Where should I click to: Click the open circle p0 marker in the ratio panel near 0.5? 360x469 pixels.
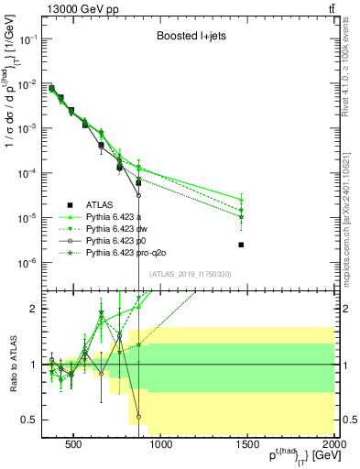click(x=138, y=417)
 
